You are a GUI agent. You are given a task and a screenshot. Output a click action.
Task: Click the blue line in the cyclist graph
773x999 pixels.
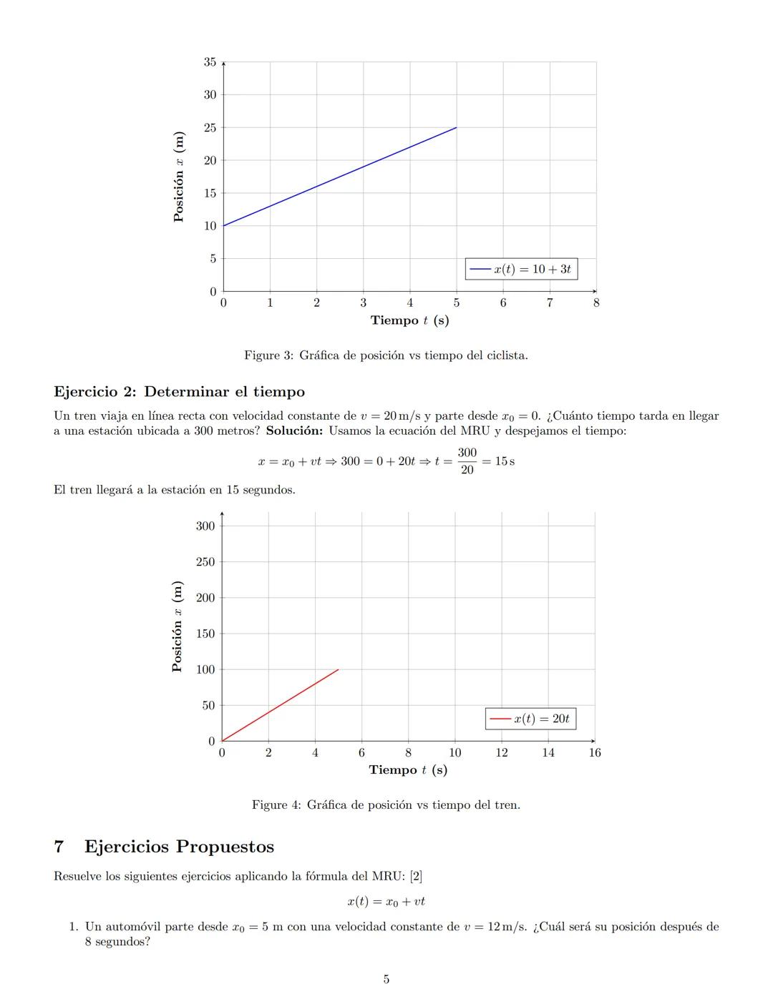pyautogui.click(x=340, y=177)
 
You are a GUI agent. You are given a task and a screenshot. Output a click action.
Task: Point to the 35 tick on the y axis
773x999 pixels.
pyautogui.click(x=210, y=62)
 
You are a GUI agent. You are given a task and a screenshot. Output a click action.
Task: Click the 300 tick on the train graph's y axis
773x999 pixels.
pyautogui.click(x=205, y=526)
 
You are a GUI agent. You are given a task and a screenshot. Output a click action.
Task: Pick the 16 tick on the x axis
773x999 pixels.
pyautogui.click(x=595, y=752)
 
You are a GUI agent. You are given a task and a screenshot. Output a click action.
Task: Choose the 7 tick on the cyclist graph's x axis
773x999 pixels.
pyautogui.click(x=550, y=303)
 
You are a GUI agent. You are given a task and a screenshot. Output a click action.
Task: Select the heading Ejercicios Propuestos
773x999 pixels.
pyautogui.click(x=179, y=847)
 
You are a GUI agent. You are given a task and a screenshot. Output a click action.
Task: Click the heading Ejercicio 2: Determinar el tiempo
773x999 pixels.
pyautogui.click(x=179, y=392)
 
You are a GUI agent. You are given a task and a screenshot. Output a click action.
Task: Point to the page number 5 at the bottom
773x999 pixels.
pyautogui.click(x=386, y=979)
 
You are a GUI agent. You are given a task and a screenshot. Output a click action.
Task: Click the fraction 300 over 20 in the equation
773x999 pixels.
pyautogui.click(x=467, y=461)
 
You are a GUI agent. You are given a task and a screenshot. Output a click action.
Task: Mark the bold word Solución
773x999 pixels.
pyautogui.click(x=294, y=430)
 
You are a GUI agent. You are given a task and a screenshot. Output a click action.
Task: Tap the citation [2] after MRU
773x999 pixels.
pyautogui.click(x=416, y=876)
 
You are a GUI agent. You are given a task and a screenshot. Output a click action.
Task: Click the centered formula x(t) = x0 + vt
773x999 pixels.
pyautogui.click(x=386, y=902)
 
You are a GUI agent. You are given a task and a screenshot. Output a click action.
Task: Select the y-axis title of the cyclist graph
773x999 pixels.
pyautogui.click(x=179, y=177)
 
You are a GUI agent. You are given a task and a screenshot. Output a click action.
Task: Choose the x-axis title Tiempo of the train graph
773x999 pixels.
pyautogui.click(x=408, y=770)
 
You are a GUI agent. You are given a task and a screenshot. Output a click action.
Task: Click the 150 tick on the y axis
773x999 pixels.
pyautogui.click(x=205, y=634)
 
